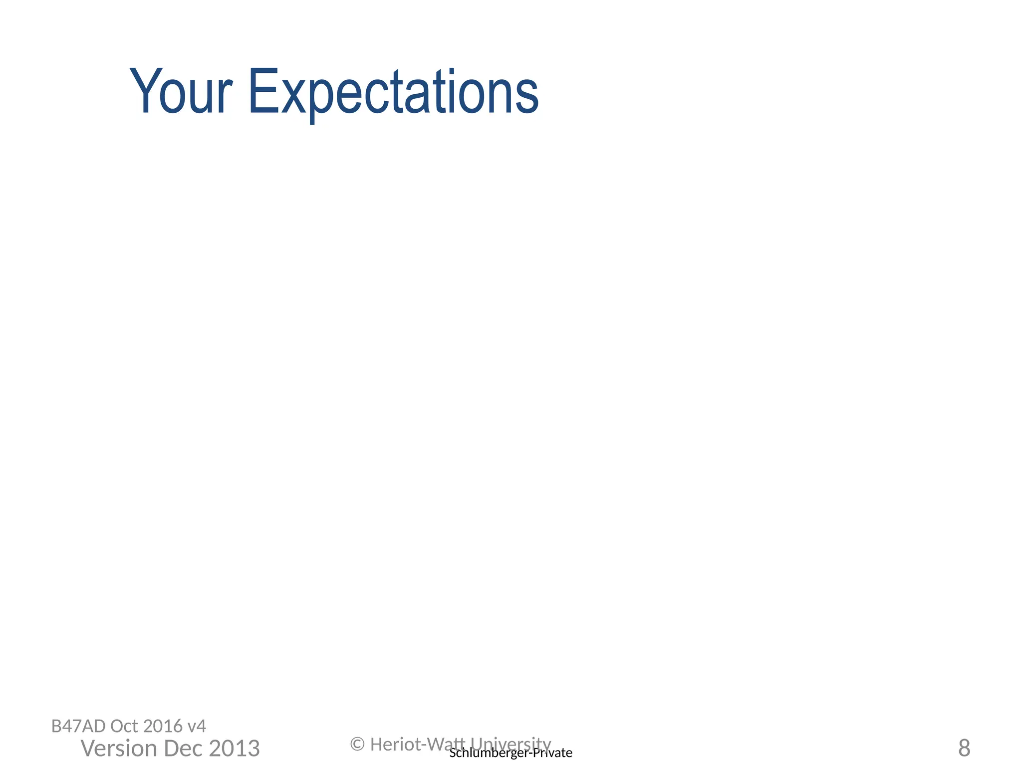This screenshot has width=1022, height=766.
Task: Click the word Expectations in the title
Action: [x=393, y=92]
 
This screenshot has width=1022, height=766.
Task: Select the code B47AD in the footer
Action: [x=79, y=726]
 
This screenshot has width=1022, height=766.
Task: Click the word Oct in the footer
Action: [x=125, y=726]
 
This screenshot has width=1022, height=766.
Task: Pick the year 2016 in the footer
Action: [x=163, y=726]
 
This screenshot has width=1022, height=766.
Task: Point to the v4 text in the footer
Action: [x=197, y=726]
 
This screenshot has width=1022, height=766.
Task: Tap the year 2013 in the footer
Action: [x=234, y=749]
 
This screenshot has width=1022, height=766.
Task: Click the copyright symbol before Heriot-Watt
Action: [x=357, y=745]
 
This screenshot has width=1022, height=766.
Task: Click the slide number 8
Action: [x=964, y=748]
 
